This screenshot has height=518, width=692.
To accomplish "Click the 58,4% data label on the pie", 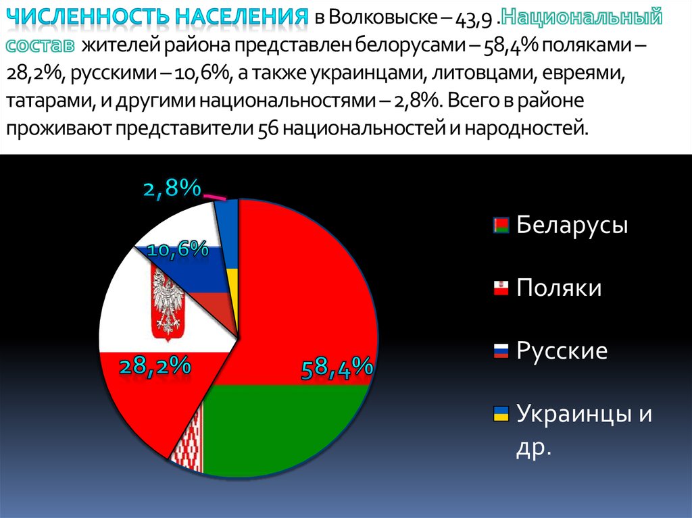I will pos(337,369).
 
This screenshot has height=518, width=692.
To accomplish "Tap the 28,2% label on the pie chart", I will pos(155,367).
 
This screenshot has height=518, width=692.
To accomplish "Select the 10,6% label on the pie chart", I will pos(177,249).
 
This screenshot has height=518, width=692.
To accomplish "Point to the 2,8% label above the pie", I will pos(172,188).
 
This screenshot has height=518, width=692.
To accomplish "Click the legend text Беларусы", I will pos(572,225).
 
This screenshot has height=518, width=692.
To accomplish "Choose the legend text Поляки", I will pos(559,288).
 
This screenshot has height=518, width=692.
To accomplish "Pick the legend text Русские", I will pos(562,351).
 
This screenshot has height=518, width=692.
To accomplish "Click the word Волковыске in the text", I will pos(383,18).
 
